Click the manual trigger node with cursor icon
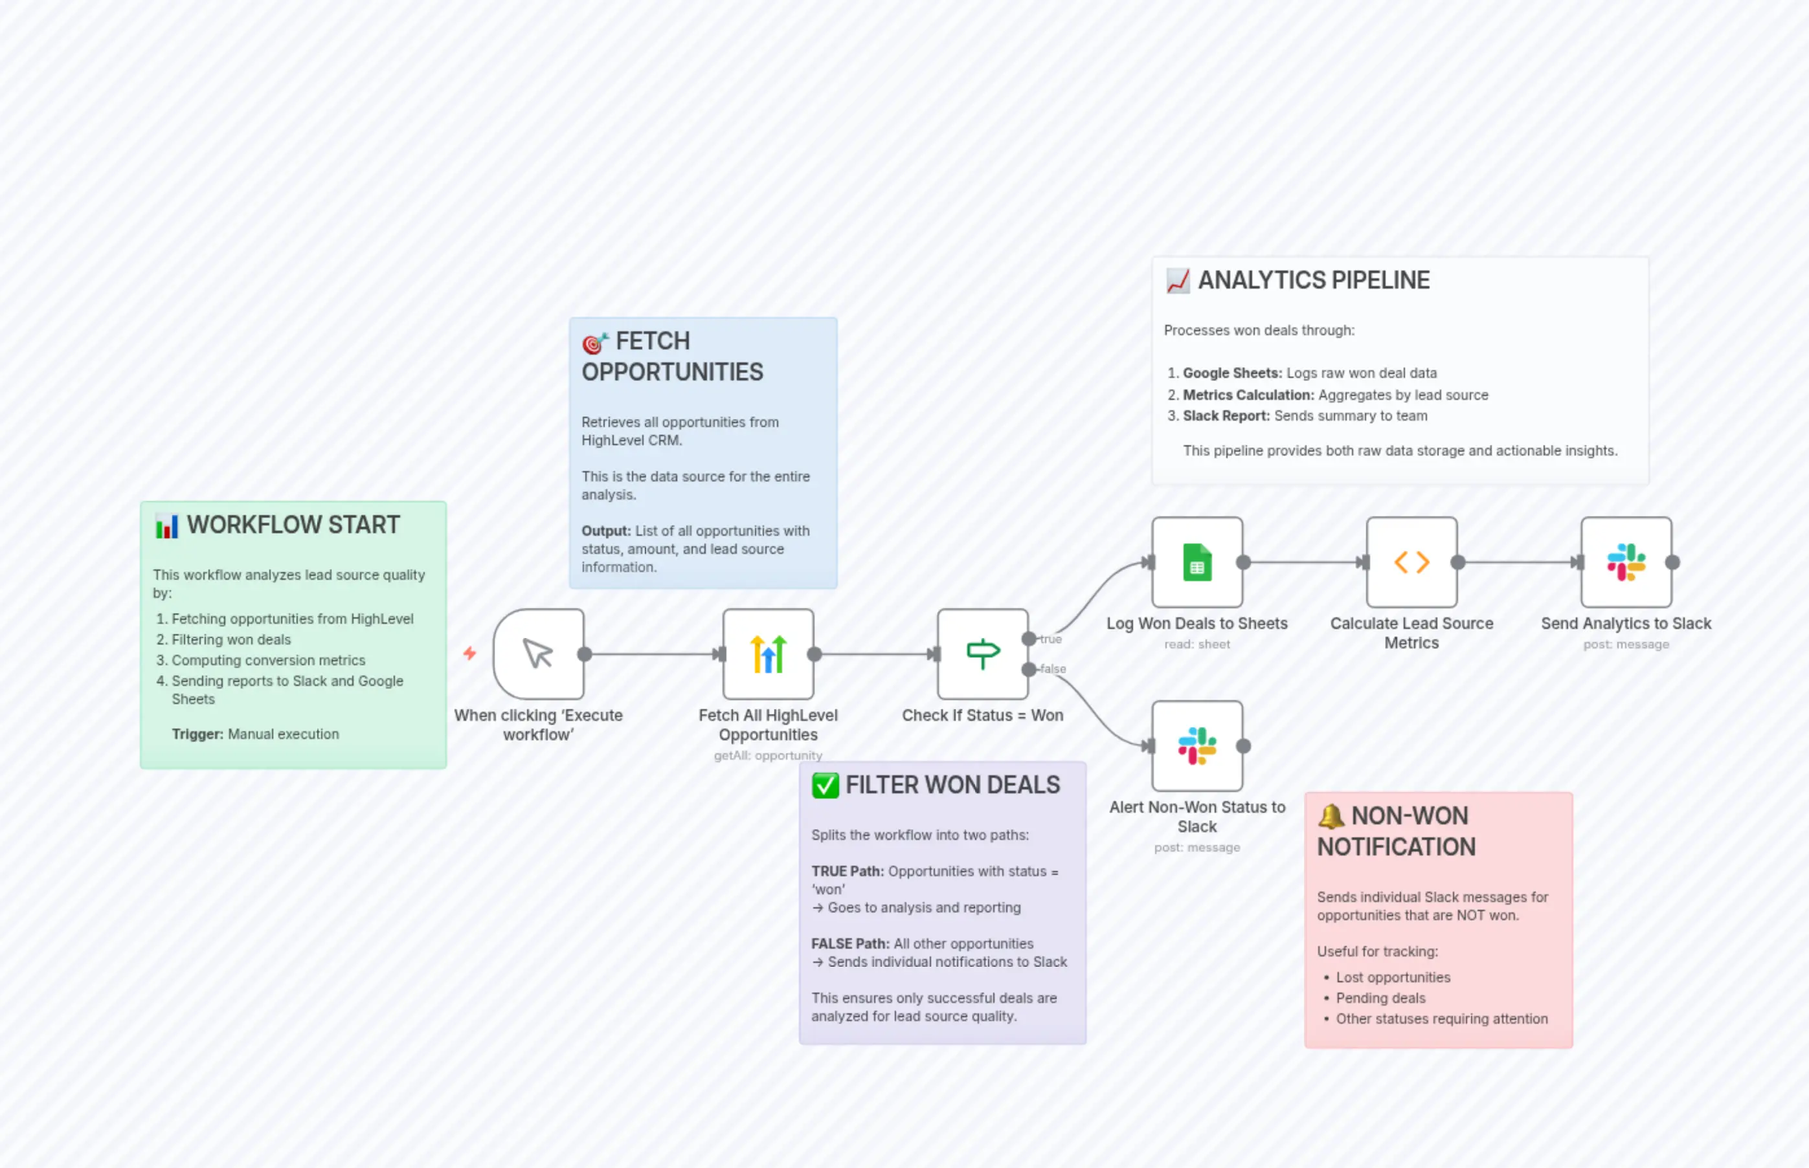point(538,653)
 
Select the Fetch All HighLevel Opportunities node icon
point(768,653)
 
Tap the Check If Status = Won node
point(982,653)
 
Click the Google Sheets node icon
point(1197,562)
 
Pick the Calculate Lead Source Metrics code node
point(1411,562)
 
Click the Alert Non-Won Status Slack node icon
point(1197,745)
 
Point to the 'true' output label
point(1051,639)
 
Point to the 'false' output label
point(1053,669)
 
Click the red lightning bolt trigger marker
point(469,653)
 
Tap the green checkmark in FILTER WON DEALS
point(825,785)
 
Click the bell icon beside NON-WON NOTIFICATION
point(1330,816)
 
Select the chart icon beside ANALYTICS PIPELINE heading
point(1178,281)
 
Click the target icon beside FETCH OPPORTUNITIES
point(595,343)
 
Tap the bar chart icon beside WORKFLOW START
point(166,525)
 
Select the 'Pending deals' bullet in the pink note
point(1380,998)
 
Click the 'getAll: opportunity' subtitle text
point(768,755)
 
